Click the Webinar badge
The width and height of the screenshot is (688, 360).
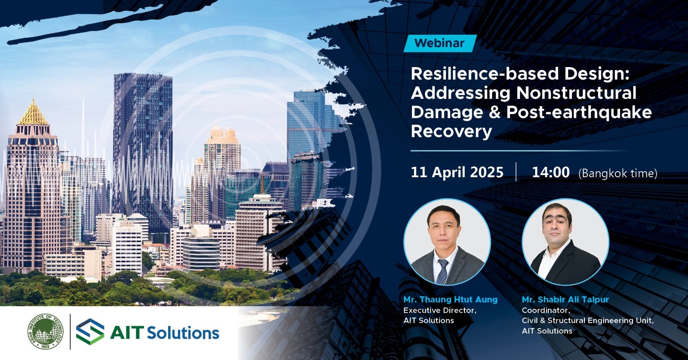440,43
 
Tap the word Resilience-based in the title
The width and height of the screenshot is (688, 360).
485,74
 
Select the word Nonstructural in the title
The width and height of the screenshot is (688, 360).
577,93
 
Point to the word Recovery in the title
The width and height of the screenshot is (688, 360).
451,132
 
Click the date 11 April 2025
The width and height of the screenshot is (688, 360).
457,172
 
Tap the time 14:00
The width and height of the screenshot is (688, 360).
551,172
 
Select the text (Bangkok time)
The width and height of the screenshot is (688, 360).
617,174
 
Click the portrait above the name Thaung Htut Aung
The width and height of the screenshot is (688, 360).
447,242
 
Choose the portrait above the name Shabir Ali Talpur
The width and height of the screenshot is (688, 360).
565,242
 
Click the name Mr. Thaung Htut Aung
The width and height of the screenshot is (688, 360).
450,299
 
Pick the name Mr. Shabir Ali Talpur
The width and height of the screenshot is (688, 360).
565,299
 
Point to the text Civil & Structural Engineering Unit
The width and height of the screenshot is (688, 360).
588,321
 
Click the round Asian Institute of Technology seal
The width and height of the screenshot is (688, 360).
46,332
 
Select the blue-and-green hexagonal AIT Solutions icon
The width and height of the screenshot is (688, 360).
90,332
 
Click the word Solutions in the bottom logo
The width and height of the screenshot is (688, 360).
183,332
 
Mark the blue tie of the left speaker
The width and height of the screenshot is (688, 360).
443,271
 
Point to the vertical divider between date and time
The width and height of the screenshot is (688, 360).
516,172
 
